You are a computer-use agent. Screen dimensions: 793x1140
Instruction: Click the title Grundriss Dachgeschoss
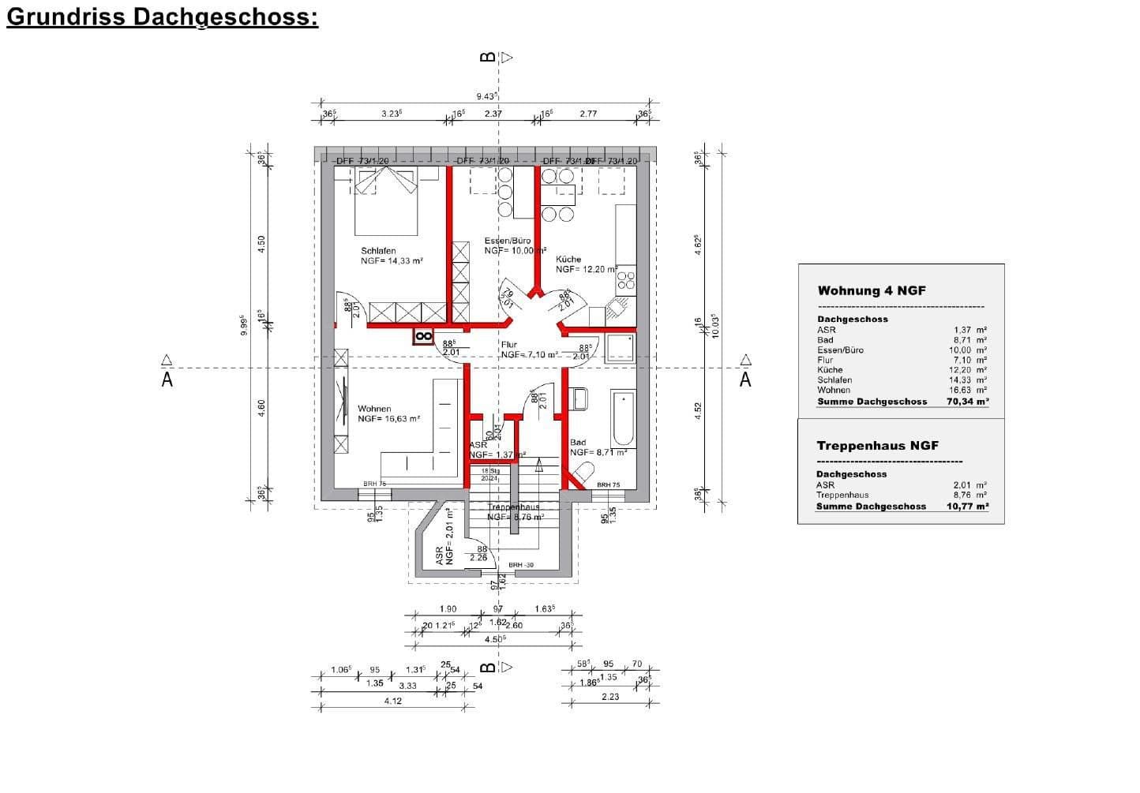162,17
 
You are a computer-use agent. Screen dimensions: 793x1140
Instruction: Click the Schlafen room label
378,251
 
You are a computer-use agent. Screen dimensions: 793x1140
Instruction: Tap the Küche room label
568,259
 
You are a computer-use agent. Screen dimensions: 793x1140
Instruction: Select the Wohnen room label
374,409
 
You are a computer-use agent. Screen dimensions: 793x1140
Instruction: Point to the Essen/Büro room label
507,241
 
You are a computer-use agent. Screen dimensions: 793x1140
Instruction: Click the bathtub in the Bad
622,418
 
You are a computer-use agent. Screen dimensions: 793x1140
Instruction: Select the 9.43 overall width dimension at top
486,96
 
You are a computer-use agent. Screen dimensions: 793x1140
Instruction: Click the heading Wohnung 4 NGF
872,290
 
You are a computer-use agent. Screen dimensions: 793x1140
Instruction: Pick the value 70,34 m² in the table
967,402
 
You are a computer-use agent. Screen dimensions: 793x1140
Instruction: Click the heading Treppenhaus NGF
877,446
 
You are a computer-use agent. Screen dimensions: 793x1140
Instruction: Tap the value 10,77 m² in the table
967,507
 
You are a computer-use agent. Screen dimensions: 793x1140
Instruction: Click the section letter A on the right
745,380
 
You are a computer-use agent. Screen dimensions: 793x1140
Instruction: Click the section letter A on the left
167,380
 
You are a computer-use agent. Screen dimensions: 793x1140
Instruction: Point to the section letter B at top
488,57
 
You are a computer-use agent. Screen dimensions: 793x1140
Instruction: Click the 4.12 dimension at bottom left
392,701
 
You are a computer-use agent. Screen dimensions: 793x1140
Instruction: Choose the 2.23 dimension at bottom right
610,697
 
